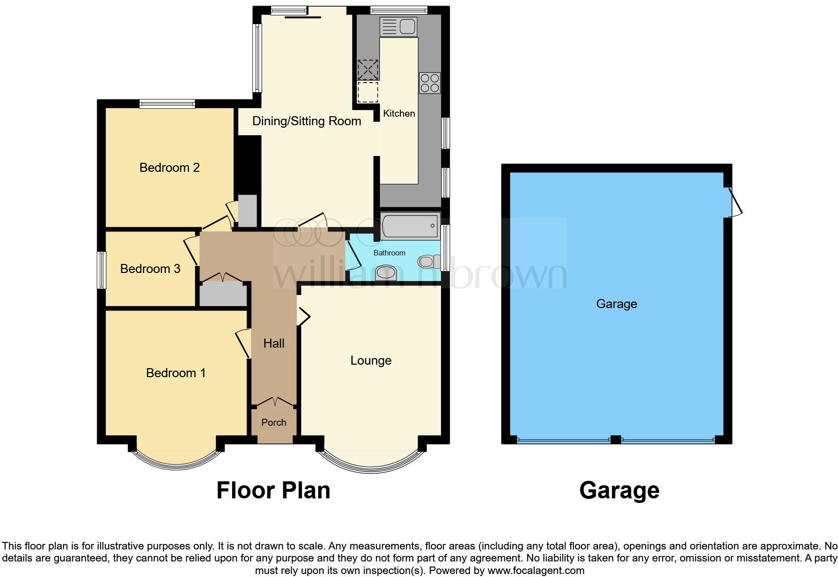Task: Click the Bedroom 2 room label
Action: [169, 167]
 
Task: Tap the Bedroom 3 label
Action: [150, 269]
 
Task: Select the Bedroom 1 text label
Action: [175, 373]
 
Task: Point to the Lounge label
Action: [370, 361]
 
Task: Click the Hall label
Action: [274, 343]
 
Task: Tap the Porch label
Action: [274, 422]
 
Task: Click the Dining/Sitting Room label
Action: [306, 121]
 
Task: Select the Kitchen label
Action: [399, 114]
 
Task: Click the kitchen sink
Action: [398, 27]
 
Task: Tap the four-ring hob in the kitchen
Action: [430, 83]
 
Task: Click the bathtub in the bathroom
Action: [410, 226]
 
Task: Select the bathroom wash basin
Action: [385, 273]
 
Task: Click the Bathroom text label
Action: [389, 253]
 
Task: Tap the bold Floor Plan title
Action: [273, 490]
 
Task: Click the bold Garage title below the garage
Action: [619, 490]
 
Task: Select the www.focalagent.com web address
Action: [536, 570]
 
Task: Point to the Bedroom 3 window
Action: [102, 270]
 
